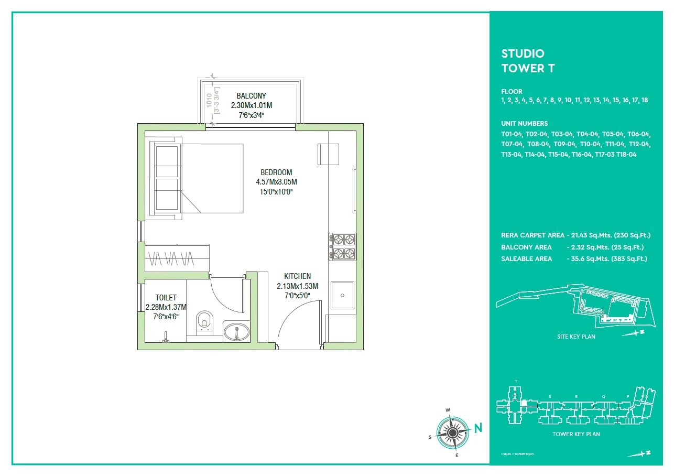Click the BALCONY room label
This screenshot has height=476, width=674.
point(251,96)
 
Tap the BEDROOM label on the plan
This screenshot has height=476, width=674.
point(276,172)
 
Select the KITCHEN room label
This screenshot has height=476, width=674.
point(297,276)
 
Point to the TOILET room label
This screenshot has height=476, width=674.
point(166,298)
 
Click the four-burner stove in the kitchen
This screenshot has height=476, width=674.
point(343,247)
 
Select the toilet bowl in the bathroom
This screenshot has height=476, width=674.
point(204,322)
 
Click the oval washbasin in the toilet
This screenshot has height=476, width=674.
point(237,332)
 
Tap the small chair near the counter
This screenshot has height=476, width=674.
point(325,154)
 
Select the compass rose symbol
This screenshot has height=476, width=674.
point(452,432)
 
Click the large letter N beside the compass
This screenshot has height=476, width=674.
point(478,428)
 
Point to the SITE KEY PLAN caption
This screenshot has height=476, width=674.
point(576,337)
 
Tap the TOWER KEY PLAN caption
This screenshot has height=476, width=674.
point(576,434)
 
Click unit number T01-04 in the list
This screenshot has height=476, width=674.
point(512,134)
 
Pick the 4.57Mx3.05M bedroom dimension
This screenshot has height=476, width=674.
point(276,182)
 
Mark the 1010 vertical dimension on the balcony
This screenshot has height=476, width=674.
point(209,101)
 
